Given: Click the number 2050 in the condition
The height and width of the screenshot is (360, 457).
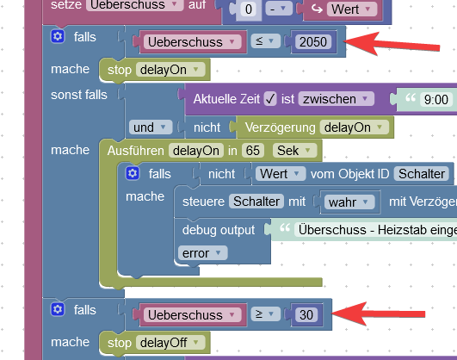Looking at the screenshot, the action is click(313, 42).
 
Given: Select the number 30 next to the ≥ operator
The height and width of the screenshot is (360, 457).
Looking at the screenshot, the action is click(306, 314).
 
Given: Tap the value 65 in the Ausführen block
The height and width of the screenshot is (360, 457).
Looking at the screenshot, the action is click(252, 151).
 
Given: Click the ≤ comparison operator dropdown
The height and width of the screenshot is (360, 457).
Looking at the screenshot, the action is click(265, 41).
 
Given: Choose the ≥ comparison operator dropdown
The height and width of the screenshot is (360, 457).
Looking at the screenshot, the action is click(265, 313).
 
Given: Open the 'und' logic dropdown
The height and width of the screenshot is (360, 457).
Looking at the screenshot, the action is click(151, 127).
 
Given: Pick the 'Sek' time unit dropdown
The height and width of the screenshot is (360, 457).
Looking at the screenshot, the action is click(294, 151).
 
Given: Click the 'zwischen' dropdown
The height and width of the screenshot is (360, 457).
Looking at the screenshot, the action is click(336, 99).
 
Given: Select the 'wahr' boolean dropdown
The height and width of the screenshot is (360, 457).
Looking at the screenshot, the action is click(349, 202).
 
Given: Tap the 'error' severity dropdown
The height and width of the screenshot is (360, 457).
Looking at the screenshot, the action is click(202, 253).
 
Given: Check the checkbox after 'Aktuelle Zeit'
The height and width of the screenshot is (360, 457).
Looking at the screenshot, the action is click(270, 99).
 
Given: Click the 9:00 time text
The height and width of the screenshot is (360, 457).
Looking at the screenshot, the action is click(436, 100).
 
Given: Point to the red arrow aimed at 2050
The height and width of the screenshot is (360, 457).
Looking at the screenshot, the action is click(392, 44).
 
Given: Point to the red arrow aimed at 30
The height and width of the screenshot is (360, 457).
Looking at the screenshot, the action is click(379, 313).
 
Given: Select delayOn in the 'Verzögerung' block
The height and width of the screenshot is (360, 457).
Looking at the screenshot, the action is click(354, 127).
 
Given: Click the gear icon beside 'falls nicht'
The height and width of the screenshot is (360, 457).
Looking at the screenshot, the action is click(133, 173).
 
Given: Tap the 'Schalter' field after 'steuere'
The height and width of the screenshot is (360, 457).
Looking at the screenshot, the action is click(256, 202).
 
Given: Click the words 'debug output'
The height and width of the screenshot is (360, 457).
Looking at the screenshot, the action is click(219, 230).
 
